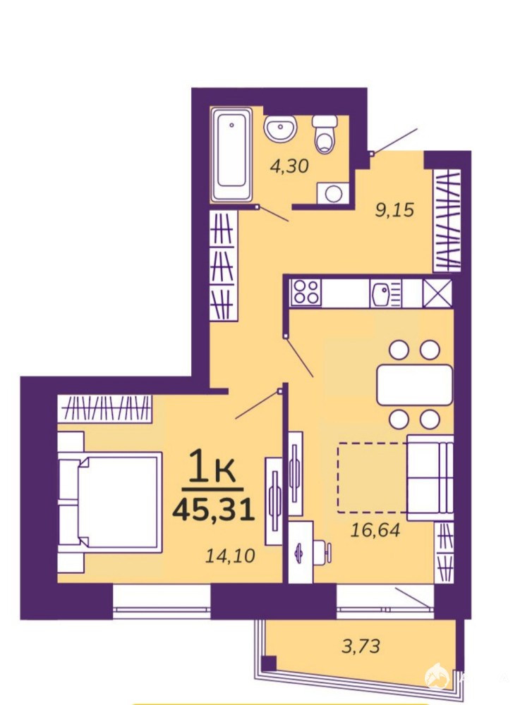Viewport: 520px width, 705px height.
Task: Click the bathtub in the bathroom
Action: click(x=231, y=154)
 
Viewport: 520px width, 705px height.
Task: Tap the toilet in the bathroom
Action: click(x=325, y=133)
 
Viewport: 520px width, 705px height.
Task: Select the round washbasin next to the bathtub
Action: click(x=280, y=128)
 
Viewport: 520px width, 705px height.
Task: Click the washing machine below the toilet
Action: click(x=333, y=194)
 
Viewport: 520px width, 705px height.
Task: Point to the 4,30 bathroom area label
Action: click(x=289, y=166)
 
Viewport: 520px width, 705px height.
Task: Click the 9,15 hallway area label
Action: click(x=394, y=210)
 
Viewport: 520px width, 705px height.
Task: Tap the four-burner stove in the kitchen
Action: click(x=306, y=291)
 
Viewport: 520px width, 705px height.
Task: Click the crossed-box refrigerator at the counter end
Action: click(x=437, y=293)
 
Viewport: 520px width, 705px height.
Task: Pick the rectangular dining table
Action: click(x=414, y=385)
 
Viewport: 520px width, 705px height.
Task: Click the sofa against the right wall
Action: click(x=430, y=477)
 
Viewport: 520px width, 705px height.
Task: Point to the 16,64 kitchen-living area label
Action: click(x=375, y=530)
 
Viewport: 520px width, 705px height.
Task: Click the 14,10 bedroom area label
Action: click(x=230, y=556)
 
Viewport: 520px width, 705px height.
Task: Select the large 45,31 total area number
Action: click(x=213, y=510)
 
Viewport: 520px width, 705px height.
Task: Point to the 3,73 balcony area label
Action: click(x=361, y=646)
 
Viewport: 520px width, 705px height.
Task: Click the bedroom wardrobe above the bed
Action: click(x=105, y=409)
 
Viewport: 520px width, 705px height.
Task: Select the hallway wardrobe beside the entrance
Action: click(x=447, y=220)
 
